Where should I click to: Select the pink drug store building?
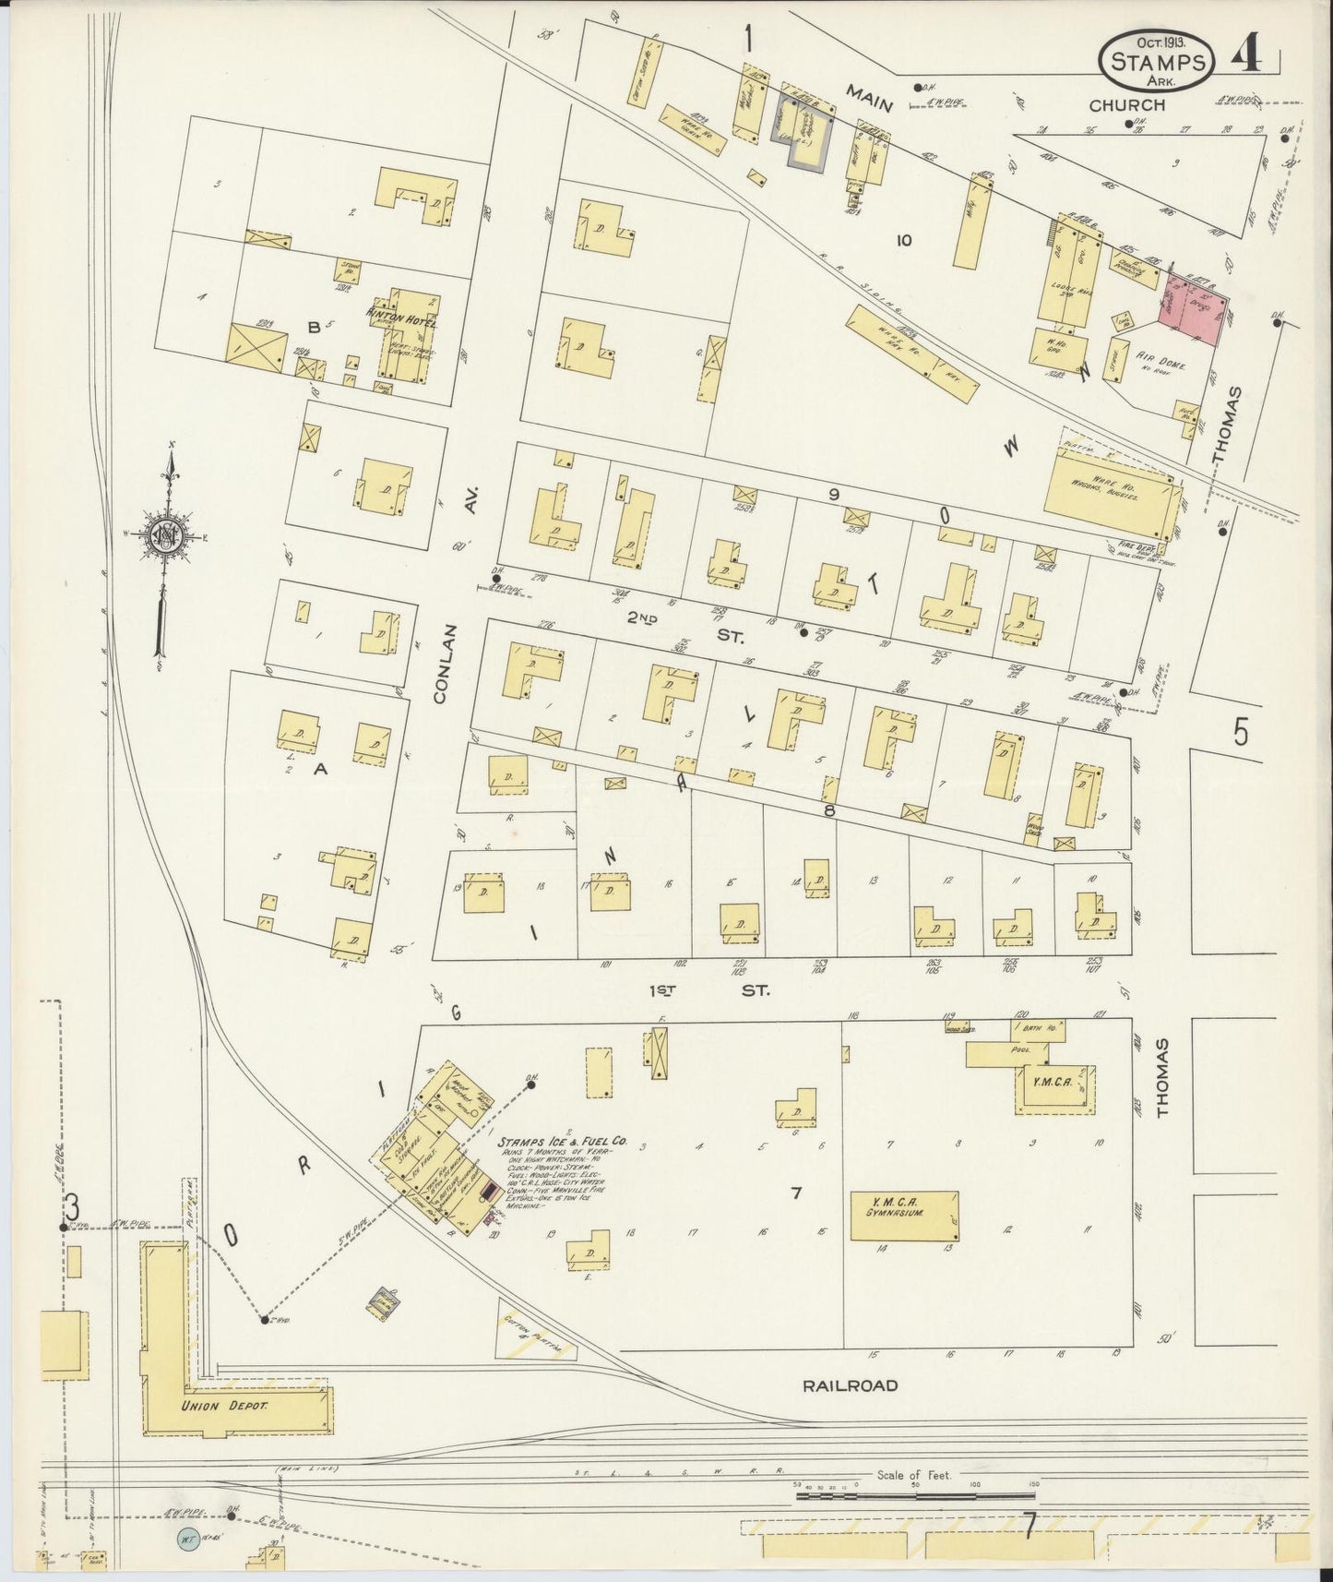click(x=1193, y=309)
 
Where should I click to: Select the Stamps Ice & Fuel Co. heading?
click(x=562, y=1142)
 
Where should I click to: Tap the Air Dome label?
click(x=1160, y=366)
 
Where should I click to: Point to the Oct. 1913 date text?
click(x=1160, y=42)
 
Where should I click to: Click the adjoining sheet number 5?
click(x=1241, y=732)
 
